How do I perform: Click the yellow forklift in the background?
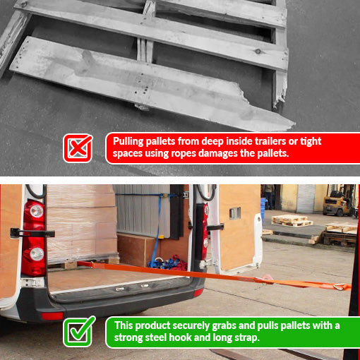(x=338, y=203)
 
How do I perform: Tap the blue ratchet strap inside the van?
(x=167, y=226)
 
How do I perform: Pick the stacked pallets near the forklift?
(x=292, y=221)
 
